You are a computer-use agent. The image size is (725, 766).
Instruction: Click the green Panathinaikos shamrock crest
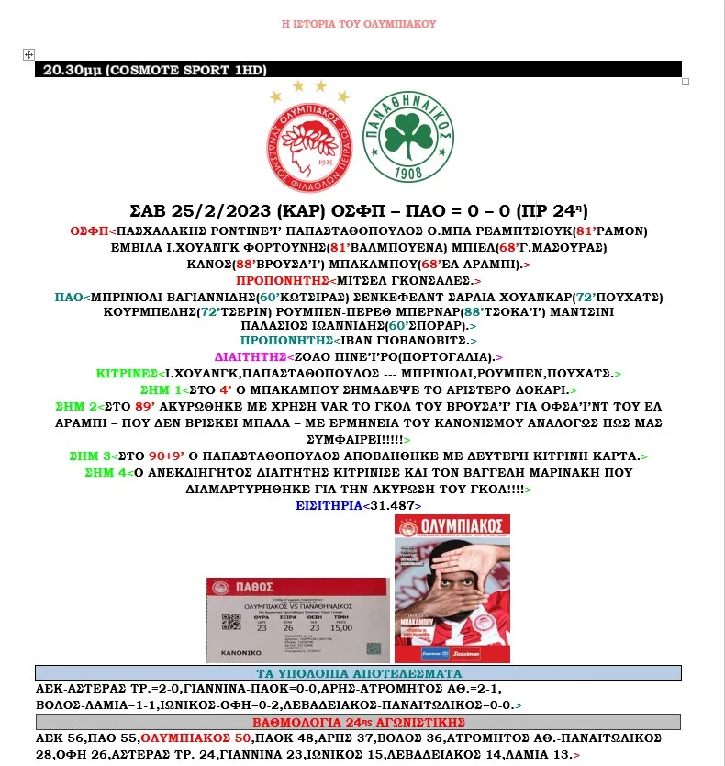[x=408, y=141]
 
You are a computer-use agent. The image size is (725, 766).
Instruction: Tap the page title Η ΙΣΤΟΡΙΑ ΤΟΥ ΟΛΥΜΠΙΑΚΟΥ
[x=358, y=24]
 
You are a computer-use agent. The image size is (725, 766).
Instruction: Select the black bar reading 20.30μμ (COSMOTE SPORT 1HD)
[x=358, y=70]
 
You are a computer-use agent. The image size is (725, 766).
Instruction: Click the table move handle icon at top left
[x=28, y=55]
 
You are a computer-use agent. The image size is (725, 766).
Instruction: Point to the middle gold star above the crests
[x=296, y=84]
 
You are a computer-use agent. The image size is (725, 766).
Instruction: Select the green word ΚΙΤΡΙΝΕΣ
[x=125, y=374]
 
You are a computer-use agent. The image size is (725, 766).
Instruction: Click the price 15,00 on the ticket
[x=340, y=627]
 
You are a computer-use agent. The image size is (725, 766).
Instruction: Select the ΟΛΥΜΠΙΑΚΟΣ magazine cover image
[x=452, y=589]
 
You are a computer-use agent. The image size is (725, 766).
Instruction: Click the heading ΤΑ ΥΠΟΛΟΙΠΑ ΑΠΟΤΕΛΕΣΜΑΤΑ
[x=358, y=673]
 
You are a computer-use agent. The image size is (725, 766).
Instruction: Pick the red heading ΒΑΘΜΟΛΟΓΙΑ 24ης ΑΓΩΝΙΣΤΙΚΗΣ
[x=358, y=721]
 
